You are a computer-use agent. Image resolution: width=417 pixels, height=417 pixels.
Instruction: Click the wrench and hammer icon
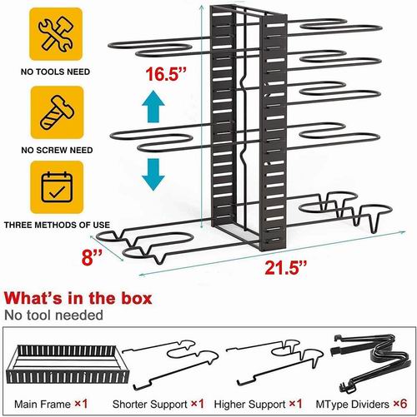pos(56,33)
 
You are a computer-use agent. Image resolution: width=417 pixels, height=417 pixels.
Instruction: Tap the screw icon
pos(58,112)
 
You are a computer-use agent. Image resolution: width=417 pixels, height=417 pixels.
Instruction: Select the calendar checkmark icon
pos(57,187)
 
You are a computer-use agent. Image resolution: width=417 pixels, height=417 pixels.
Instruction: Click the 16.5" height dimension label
pos(166,74)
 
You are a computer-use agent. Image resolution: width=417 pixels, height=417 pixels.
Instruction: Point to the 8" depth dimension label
pos(92,257)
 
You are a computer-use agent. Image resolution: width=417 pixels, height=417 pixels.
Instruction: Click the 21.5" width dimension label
pos(286,268)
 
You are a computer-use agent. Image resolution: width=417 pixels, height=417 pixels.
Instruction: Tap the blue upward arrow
pos(153,107)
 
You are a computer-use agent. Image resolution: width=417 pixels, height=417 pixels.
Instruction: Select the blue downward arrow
pos(153,175)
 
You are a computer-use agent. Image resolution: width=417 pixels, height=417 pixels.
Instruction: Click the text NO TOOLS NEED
pos(55,72)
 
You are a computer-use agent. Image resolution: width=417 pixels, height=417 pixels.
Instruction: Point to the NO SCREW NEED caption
pos(57,150)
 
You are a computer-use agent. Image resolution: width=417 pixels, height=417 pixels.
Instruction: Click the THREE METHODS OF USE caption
pos(57,225)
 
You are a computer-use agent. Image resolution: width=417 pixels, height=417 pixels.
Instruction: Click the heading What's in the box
pos(78,298)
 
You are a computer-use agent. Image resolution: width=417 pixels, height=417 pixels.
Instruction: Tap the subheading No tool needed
pos(53,315)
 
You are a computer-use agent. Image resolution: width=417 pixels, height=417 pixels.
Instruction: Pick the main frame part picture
pos(68,364)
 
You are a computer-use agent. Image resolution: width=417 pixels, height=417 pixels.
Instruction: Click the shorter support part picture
pos(170,364)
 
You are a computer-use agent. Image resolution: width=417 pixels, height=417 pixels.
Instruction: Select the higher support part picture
pos(274,363)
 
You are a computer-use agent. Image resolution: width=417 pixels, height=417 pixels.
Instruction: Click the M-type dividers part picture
pos(370,363)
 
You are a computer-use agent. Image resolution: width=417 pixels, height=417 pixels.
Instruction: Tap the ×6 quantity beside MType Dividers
pos(400,404)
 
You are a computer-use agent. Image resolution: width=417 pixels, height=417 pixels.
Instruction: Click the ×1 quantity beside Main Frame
pos(81,404)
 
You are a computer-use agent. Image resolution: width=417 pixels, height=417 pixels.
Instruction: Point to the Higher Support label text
pos(249,405)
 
